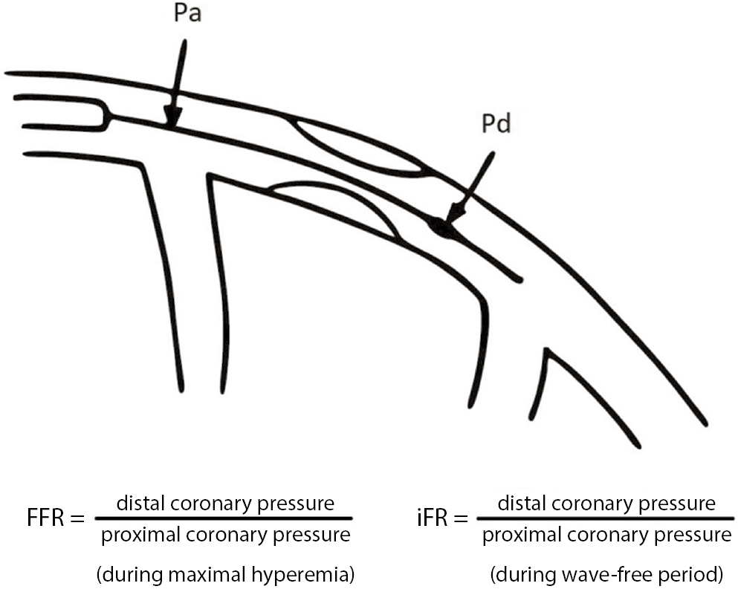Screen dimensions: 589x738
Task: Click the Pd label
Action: click(x=495, y=124)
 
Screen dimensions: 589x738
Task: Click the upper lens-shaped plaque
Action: click(x=358, y=146)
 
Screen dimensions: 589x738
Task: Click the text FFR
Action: click(x=45, y=518)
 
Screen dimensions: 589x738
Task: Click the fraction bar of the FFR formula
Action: click(x=223, y=518)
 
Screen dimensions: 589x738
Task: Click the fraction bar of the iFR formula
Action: click(x=605, y=518)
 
